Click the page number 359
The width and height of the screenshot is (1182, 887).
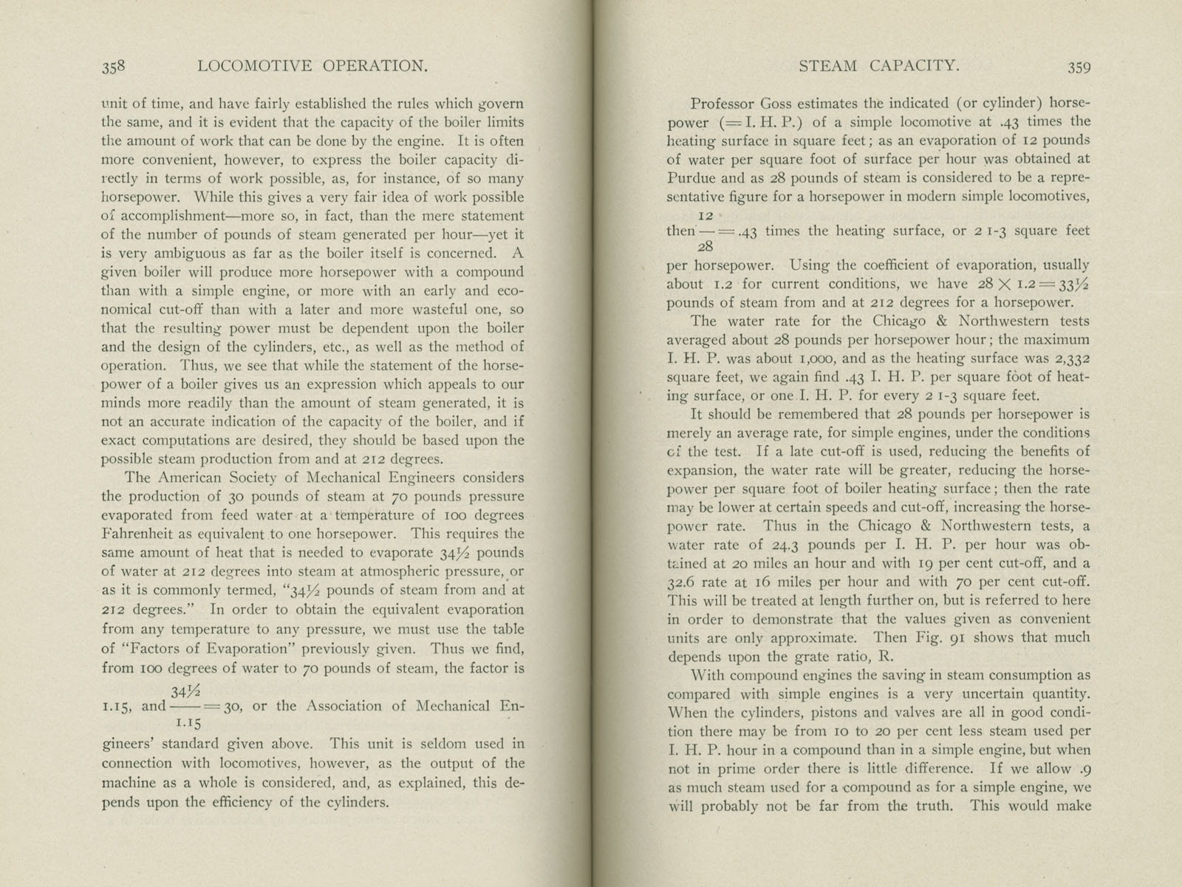tap(1079, 67)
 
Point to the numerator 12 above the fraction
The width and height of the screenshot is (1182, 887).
tap(705, 215)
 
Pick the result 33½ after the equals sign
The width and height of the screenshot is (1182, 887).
tap(1072, 285)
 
